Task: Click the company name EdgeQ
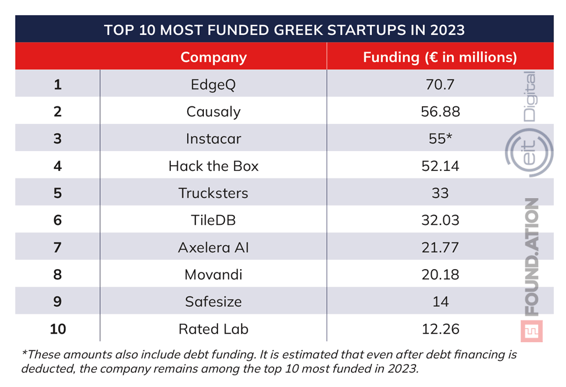213,84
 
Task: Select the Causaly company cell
213,112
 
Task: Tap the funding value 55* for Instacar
440,139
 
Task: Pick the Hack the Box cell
213,166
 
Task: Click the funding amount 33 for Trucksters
440,193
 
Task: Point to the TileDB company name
213,220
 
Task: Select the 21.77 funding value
440,248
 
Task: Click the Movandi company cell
213,274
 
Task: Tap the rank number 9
58,302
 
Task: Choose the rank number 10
58,329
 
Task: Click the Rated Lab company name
213,329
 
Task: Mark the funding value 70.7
440,84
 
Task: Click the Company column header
213,57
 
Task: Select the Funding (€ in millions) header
440,57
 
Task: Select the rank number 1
58,84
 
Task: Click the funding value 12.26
440,329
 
